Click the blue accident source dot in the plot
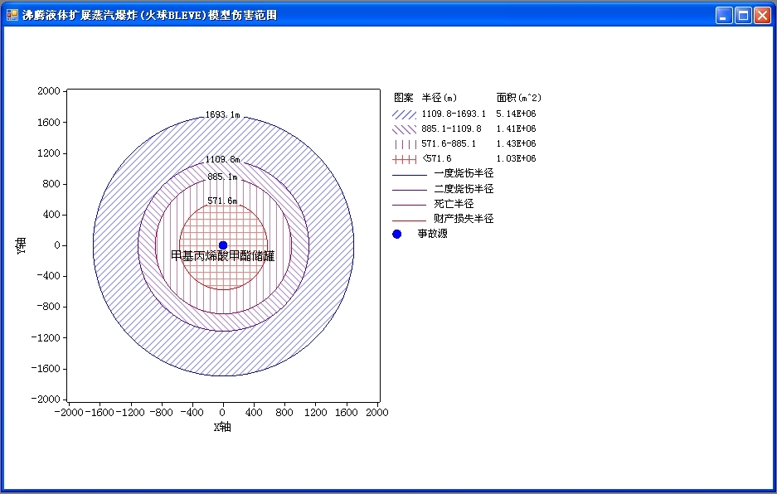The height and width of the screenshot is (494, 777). click(x=223, y=245)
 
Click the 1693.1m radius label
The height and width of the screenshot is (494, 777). click(x=222, y=115)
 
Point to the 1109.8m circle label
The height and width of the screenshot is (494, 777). click(x=222, y=159)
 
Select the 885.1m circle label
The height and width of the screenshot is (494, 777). click(x=222, y=177)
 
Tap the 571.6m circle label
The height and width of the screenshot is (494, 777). click(x=222, y=201)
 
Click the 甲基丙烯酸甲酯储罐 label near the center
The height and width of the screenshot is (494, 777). click(x=222, y=256)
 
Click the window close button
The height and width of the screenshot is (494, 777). click(x=762, y=16)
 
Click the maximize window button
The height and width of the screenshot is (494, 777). click(x=743, y=16)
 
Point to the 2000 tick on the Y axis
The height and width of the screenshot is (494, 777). click(x=49, y=90)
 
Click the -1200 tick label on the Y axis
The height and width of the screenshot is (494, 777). click(x=46, y=337)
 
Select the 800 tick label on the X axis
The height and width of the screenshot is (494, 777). click(x=284, y=412)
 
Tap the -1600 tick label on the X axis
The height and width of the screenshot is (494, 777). click(x=100, y=412)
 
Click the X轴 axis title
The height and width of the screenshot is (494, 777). click(x=222, y=427)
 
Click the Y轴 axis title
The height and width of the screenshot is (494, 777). click(x=21, y=246)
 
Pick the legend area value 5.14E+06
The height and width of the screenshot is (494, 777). click(x=516, y=114)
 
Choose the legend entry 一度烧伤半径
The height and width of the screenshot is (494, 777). click(x=464, y=173)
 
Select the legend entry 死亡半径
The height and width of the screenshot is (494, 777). click(x=454, y=204)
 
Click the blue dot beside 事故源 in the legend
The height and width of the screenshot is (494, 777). click(x=397, y=234)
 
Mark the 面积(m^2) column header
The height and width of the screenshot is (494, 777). click(x=519, y=98)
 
